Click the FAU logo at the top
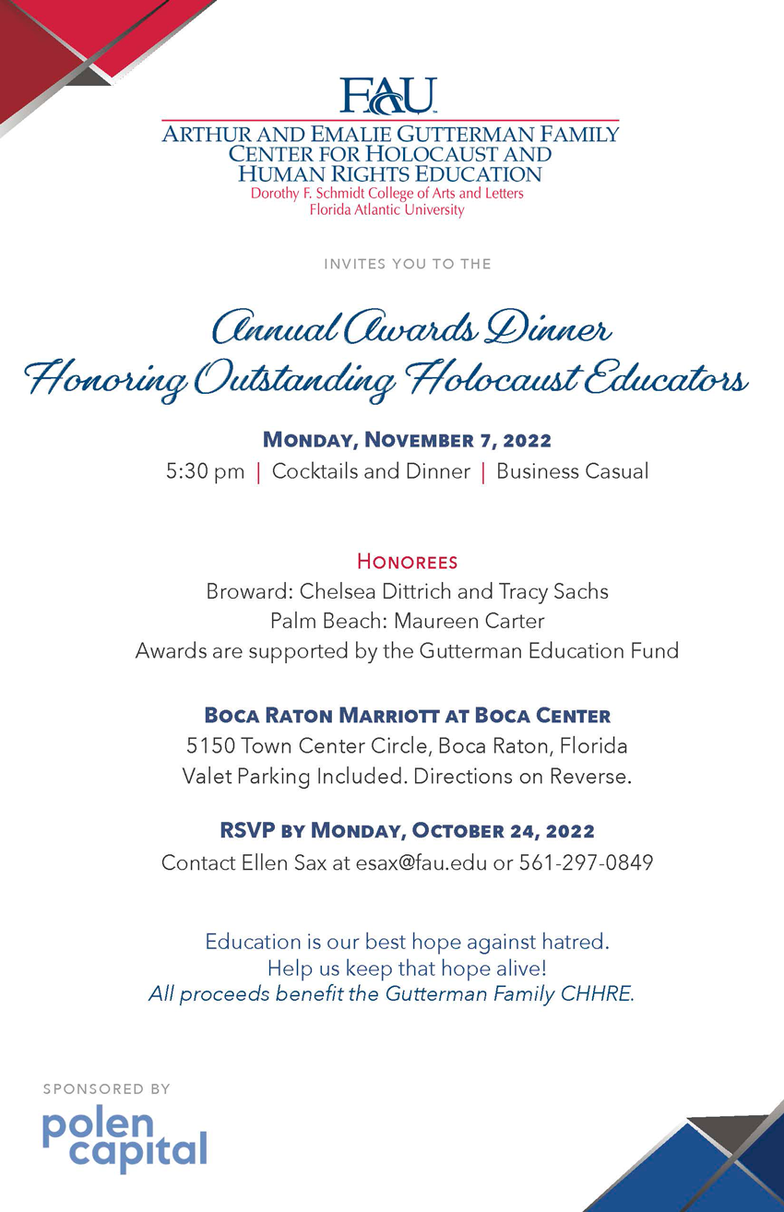(x=387, y=95)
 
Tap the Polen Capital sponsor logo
(x=125, y=1140)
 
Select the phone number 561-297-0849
(x=586, y=863)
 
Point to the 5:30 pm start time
(x=205, y=471)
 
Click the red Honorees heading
(x=407, y=561)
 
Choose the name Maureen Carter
(x=469, y=621)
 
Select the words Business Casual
(x=572, y=471)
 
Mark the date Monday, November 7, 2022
(x=407, y=439)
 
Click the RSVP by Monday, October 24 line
(x=407, y=831)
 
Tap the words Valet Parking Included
(x=294, y=776)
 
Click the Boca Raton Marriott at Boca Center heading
(x=407, y=715)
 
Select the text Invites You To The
(x=407, y=264)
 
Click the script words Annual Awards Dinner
(x=410, y=327)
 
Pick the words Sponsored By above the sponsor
(x=106, y=1089)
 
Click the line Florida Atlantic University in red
(x=386, y=209)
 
